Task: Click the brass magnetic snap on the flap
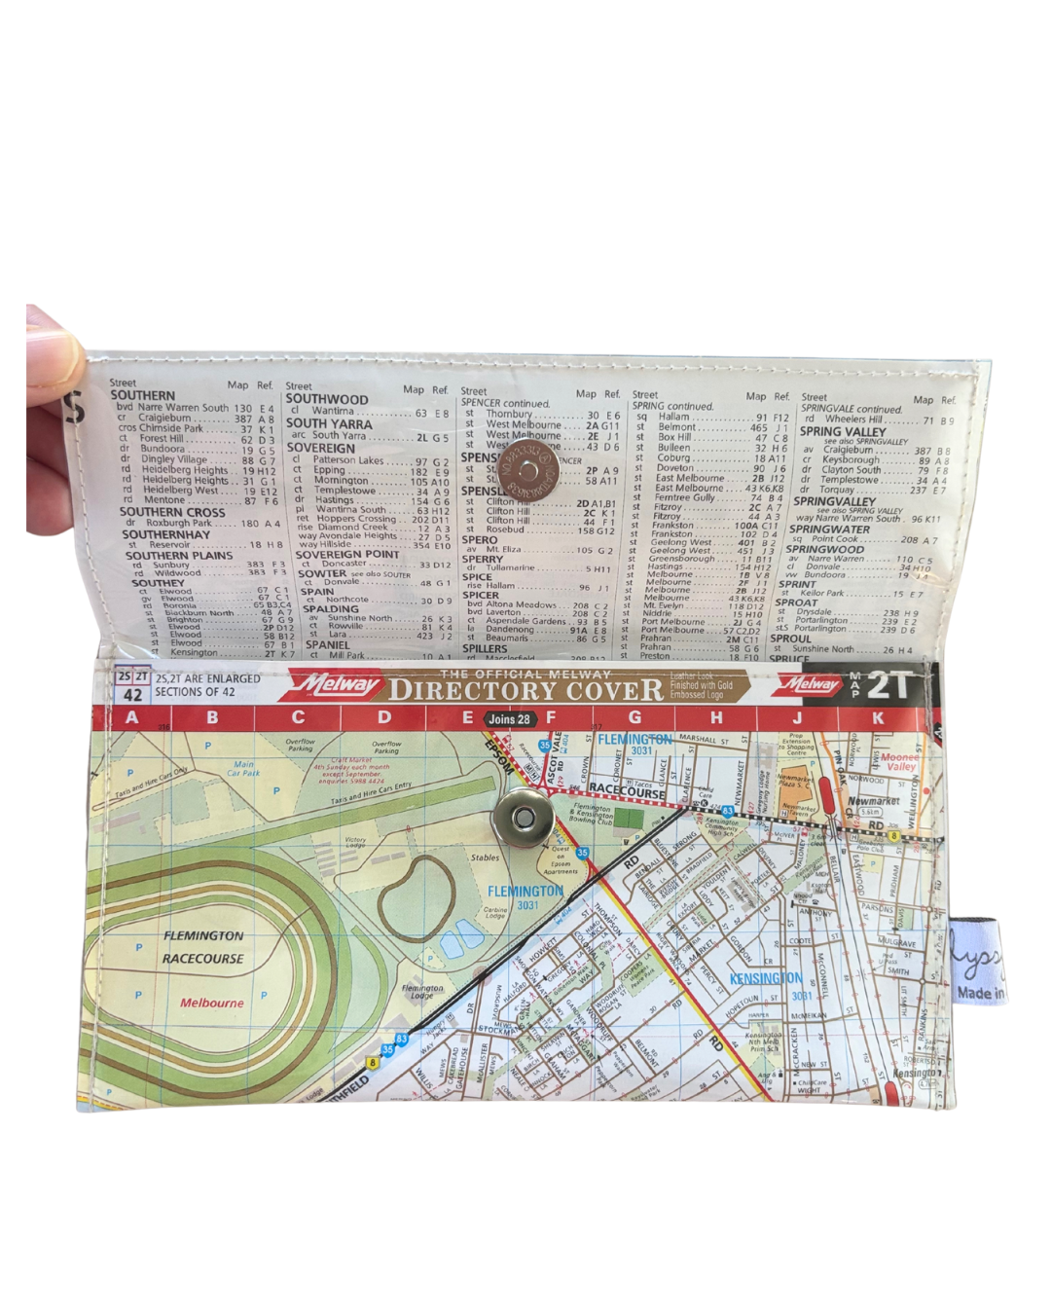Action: [x=527, y=467]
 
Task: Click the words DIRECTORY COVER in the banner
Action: [x=525, y=690]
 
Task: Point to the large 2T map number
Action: [x=891, y=685]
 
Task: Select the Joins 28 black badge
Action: [x=510, y=719]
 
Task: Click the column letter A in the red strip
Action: [x=132, y=718]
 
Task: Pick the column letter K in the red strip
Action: [x=879, y=718]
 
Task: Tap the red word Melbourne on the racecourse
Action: [x=212, y=1003]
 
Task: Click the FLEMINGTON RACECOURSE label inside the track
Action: [x=203, y=947]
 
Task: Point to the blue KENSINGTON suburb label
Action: [x=766, y=978]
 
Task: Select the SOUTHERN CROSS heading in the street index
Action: [x=172, y=512]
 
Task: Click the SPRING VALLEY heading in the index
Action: [x=843, y=431]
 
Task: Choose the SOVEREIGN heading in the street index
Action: [x=320, y=449]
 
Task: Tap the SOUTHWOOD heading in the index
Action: [x=327, y=399]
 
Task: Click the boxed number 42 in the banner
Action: [x=132, y=695]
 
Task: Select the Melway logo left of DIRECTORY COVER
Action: [x=337, y=685]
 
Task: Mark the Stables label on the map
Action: [x=484, y=858]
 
